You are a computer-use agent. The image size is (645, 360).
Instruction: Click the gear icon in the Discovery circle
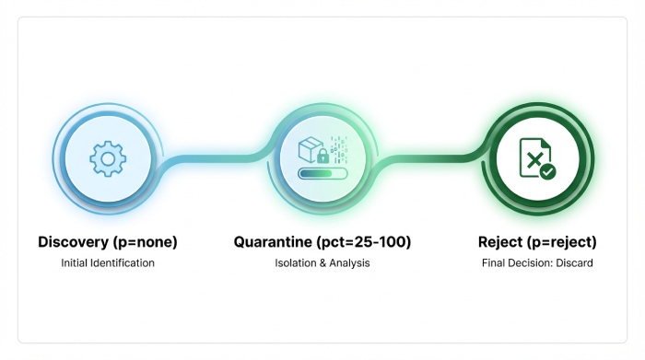108,159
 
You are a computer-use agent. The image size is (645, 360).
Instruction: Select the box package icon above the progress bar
311,146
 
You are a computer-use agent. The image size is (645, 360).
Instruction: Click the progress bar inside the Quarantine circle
322,171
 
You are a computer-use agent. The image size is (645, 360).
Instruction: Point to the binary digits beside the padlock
338,148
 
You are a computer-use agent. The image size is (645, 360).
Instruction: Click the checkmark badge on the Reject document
547,171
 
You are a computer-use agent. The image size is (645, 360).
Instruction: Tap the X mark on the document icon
533,158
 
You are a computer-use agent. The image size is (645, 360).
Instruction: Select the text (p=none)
147,242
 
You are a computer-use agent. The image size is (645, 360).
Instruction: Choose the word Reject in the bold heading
503,242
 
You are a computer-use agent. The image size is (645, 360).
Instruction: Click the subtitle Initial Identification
108,263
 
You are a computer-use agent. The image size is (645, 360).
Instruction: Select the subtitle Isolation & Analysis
322,263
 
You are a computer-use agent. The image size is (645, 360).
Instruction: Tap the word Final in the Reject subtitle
495,263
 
